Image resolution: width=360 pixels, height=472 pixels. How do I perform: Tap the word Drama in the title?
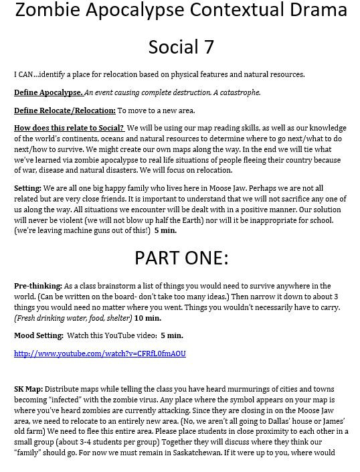click(x=313, y=11)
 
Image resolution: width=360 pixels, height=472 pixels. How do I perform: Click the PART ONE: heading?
click(x=181, y=258)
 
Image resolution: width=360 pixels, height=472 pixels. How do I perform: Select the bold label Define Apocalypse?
click(x=48, y=92)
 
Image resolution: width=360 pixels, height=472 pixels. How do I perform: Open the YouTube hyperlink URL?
click(x=100, y=353)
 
